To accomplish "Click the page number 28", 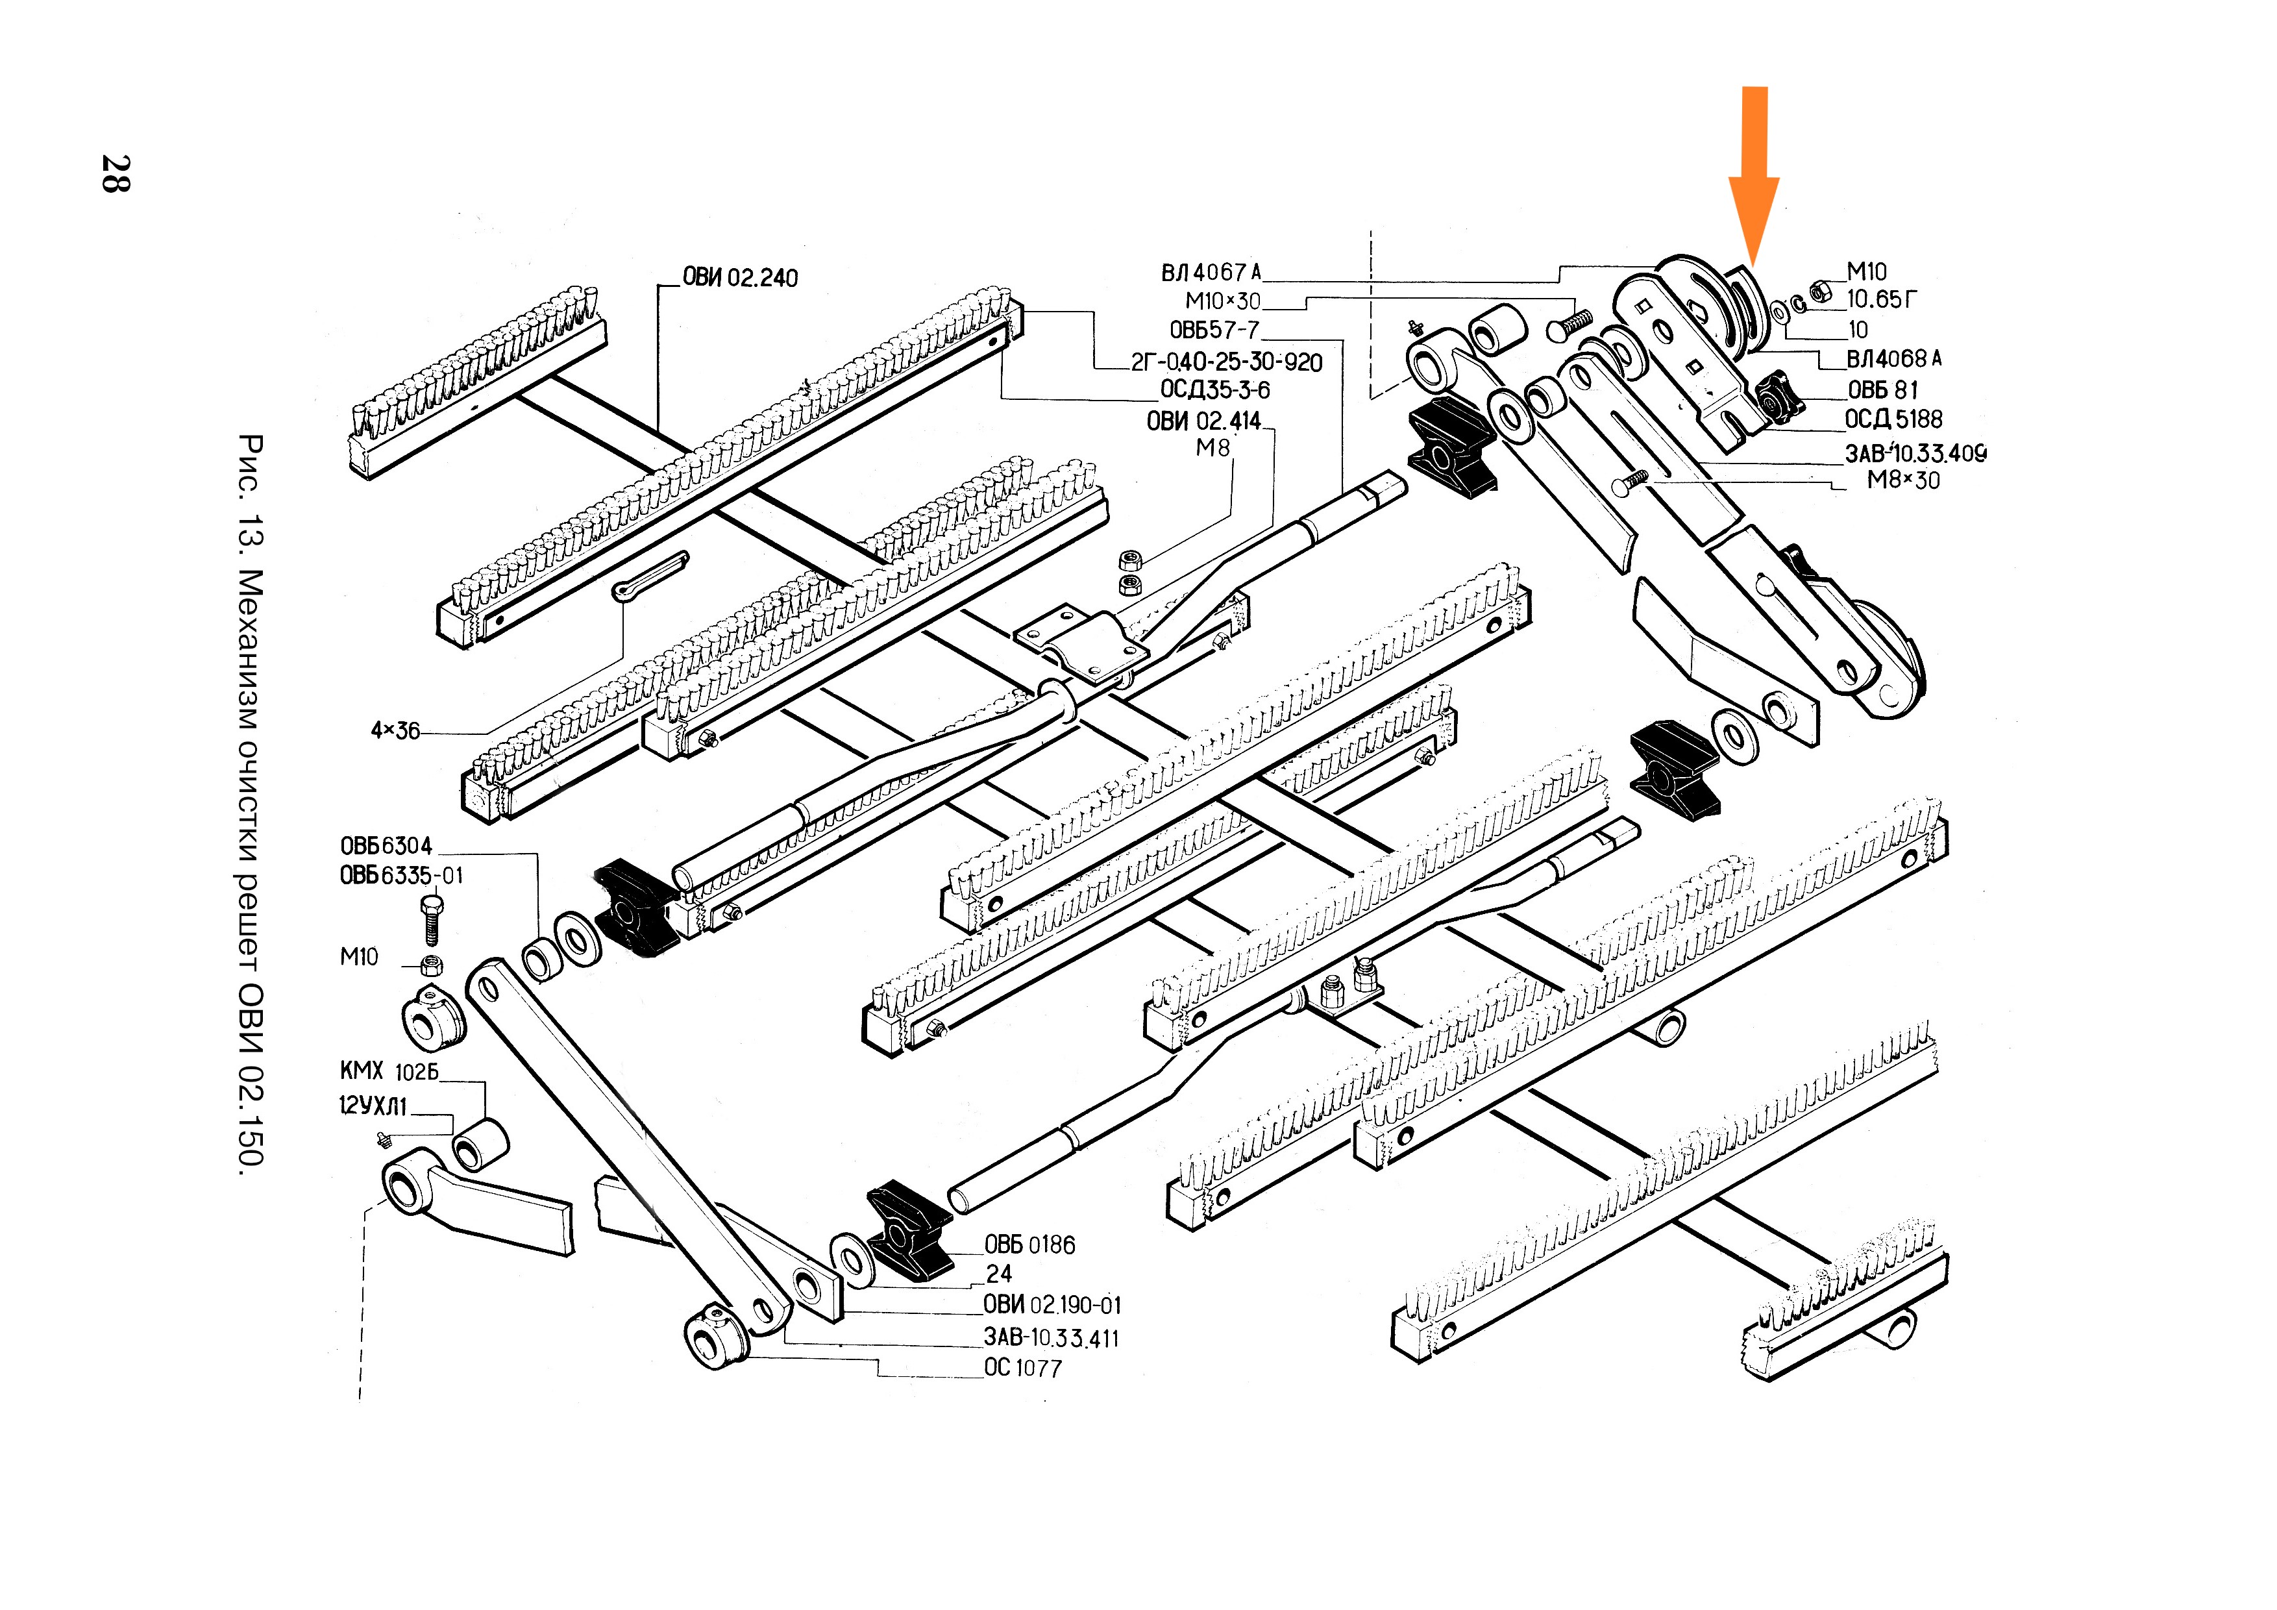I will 116,173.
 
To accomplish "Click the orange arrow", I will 1753,173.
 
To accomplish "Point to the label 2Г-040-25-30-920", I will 1227,362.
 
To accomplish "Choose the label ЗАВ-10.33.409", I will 1915,453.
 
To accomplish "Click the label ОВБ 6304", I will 386,846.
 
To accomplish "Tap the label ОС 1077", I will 1022,1368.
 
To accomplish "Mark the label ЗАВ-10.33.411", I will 1052,1338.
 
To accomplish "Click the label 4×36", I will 395,731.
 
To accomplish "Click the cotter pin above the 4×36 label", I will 650,576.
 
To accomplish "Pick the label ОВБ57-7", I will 1214,330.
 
